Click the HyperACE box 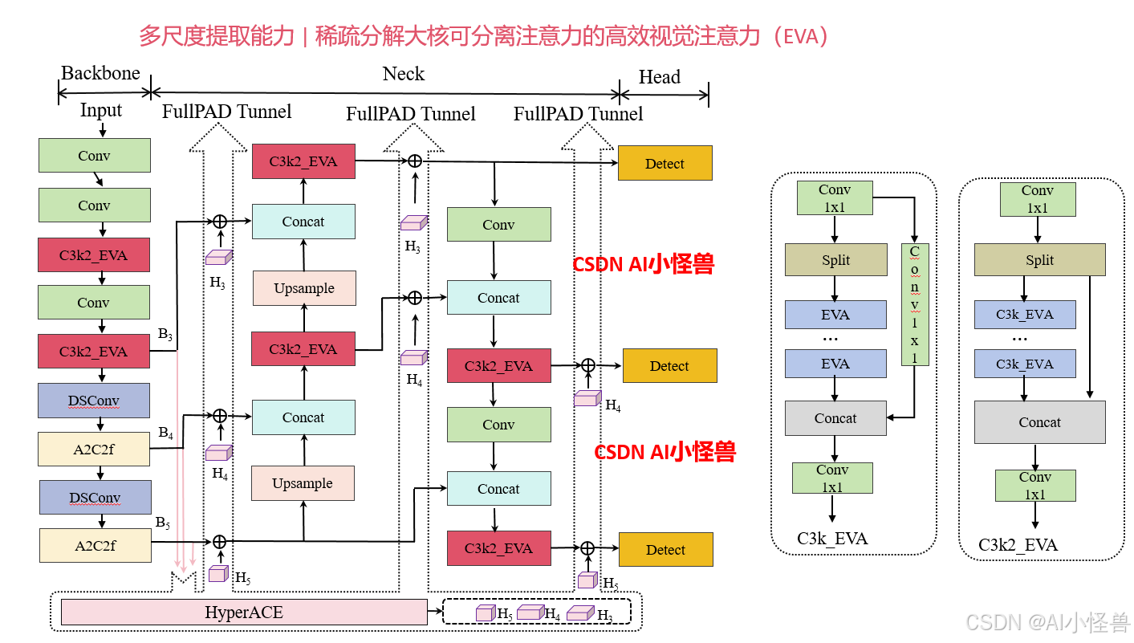244,612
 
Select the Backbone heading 101,73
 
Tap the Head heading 660,77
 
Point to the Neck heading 403,74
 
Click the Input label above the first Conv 101,110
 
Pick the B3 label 165,334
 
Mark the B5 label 163,523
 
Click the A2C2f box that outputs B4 94,450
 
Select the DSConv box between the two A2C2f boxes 95,498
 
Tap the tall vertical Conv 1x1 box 915,304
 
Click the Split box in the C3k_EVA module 835,260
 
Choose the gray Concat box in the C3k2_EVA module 1039,422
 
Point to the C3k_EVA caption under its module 832,539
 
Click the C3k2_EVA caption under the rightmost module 1018,546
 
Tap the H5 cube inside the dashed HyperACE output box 485,613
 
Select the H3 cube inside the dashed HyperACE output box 579,613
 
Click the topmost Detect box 665,163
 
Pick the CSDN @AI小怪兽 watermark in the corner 1047,622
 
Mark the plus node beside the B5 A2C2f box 218,542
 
